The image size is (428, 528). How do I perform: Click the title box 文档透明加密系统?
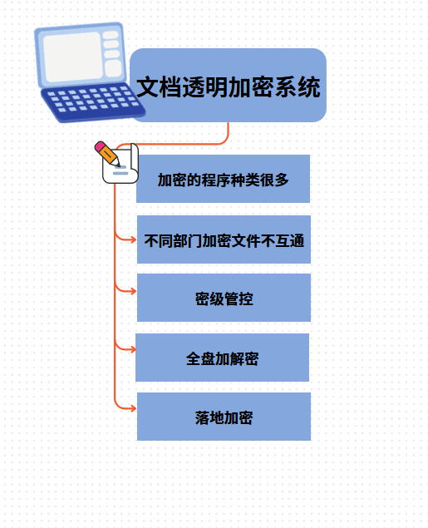click(228, 85)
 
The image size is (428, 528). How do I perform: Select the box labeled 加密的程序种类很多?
click(223, 179)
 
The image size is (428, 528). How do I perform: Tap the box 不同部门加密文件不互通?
click(224, 239)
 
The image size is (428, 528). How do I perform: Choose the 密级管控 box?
click(224, 298)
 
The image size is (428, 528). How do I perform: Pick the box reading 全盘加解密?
click(222, 358)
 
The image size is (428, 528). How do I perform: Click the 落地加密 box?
click(224, 417)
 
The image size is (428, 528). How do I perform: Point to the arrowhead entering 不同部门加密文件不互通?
click(134, 239)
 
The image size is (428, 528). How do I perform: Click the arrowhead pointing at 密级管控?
click(134, 291)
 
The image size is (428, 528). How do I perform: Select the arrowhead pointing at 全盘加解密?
click(133, 349)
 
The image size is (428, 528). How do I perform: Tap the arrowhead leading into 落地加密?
click(134, 408)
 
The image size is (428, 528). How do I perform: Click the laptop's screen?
click(72, 57)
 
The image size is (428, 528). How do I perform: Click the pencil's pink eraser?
click(100, 146)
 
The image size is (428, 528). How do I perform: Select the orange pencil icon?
click(107, 154)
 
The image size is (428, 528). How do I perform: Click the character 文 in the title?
click(147, 86)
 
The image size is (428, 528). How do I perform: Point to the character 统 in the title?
click(309, 86)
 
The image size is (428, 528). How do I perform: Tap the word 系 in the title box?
click(286, 86)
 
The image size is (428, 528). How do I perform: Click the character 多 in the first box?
click(282, 180)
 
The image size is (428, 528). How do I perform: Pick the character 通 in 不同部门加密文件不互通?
click(297, 241)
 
